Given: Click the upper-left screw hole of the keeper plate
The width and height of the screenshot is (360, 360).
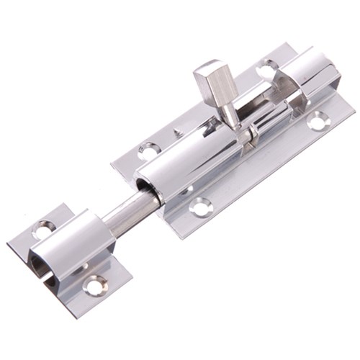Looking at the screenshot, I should [x=44, y=230].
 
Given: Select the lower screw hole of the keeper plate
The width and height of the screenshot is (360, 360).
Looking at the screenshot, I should [x=94, y=284].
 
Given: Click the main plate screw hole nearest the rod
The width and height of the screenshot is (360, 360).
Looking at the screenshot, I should [x=150, y=150].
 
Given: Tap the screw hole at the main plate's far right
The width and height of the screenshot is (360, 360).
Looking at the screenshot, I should [x=318, y=122].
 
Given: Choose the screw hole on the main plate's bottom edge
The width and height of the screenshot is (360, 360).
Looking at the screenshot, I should [x=199, y=207].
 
